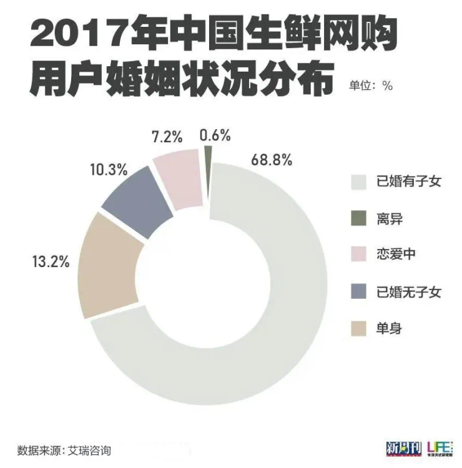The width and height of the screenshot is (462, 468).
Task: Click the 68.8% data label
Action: click(272, 159)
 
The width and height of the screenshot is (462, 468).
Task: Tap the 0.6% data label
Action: click(215, 135)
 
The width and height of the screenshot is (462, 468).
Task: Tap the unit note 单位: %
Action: click(370, 86)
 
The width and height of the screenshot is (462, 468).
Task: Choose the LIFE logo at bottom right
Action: click(440, 447)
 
